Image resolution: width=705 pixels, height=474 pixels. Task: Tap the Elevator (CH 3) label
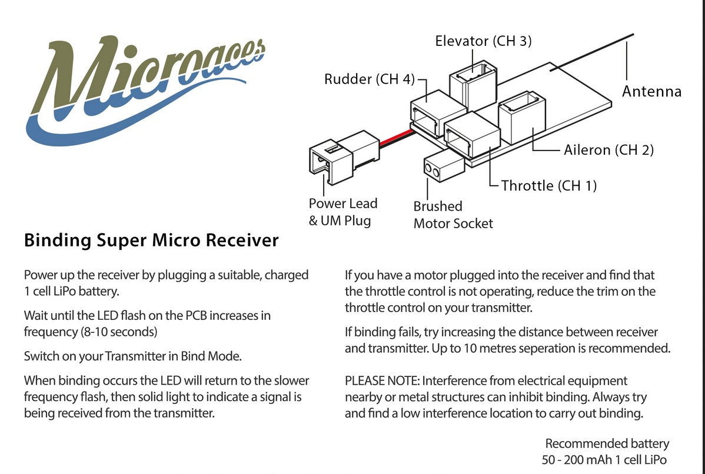(x=483, y=41)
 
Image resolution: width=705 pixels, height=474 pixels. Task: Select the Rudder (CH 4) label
(x=370, y=79)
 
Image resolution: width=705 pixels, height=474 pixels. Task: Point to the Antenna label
(x=651, y=92)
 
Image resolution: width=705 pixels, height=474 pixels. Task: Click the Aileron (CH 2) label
(x=608, y=150)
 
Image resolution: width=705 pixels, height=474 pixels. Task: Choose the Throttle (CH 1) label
(x=548, y=186)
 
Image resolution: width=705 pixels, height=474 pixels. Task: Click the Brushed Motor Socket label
(x=453, y=215)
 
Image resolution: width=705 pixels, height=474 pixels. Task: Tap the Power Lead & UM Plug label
(x=342, y=212)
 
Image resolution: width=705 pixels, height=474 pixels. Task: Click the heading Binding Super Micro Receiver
(x=151, y=241)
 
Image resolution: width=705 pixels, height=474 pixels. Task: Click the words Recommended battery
(x=607, y=443)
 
